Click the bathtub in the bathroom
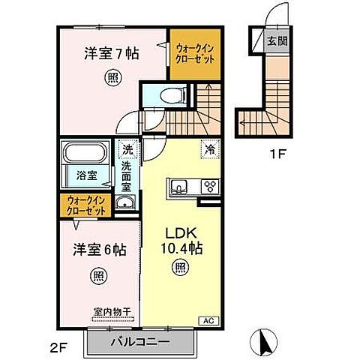point(85,155)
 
